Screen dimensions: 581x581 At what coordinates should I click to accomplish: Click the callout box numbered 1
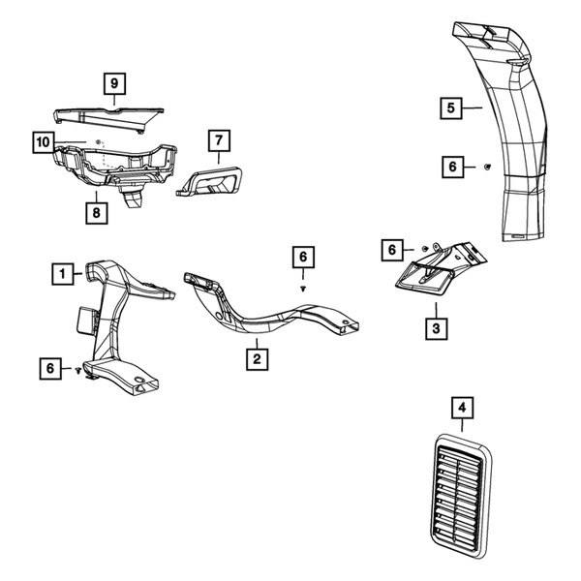pos(62,274)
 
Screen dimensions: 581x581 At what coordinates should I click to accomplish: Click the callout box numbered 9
pos(115,84)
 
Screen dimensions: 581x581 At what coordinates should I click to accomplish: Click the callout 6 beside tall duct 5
pos(452,167)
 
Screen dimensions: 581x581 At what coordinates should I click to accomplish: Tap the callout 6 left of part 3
pos(393,250)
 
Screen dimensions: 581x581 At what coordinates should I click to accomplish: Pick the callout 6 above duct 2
pos(303,257)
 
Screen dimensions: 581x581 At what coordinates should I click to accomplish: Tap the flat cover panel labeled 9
pos(102,116)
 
